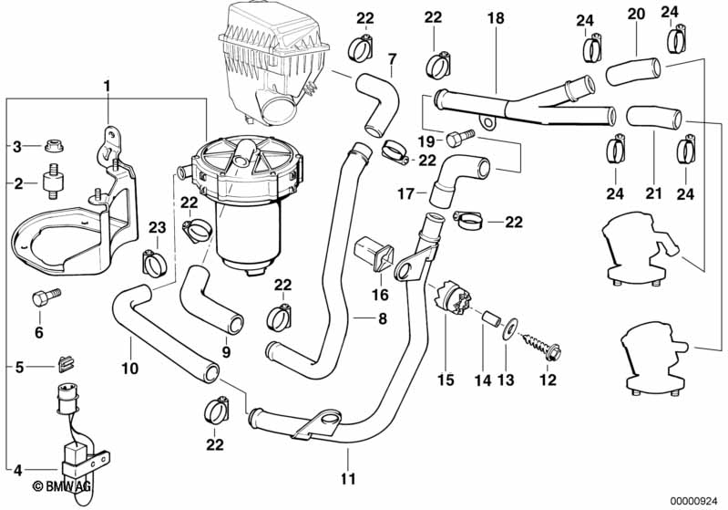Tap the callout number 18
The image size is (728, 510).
click(495, 19)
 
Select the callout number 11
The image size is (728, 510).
click(347, 478)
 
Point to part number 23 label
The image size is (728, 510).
click(157, 228)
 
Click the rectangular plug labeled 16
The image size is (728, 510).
click(373, 248)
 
